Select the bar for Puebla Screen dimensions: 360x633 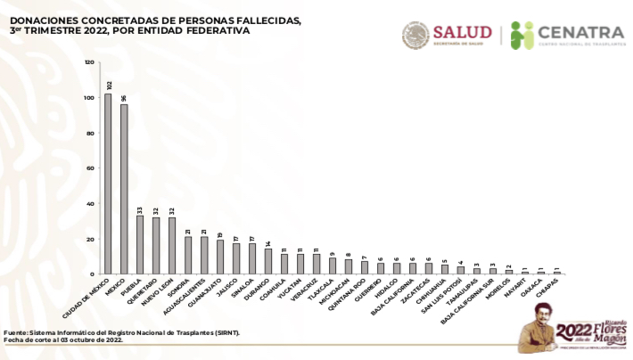pyautogui.click(x=140, y=244)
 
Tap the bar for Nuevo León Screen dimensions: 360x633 pyautogui.click(x=172, y=245)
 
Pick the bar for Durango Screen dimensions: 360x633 pyautogui.click(x=268, y=261)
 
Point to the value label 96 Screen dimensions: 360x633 pyautogui.click(x=124, y=98)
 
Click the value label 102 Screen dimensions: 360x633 pyautogui.click(x=108, y=86)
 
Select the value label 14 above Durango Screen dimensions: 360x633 pyautogui.click(x=268, y=243)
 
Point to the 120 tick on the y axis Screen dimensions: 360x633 pyautogui.click(x=89, y=62)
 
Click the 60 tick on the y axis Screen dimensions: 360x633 pyautogui.click(x=90, y=168)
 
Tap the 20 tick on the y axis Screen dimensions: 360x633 pyautogui.click(x=90, y=239)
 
